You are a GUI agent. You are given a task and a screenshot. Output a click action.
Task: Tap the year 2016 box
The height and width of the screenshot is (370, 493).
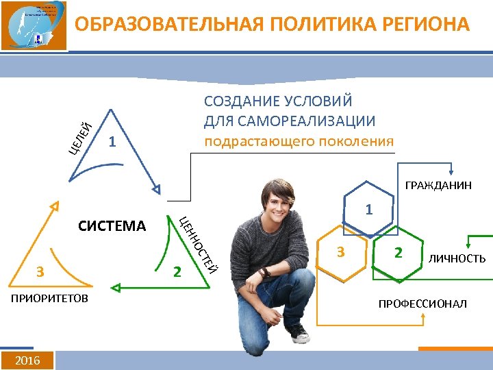coord(27,360)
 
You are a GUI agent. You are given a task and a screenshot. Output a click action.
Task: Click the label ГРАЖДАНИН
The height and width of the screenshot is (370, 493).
coord(438,185)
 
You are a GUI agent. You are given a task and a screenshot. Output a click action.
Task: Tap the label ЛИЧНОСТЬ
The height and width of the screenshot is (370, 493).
coord(457,258)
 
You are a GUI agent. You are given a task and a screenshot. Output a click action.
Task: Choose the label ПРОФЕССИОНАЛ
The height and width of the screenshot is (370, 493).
coord(422,303)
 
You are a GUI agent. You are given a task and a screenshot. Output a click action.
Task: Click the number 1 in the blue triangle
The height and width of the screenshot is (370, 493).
coord(112,143)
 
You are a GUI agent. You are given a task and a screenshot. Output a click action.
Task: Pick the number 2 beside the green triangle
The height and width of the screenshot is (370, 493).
coord(177,271)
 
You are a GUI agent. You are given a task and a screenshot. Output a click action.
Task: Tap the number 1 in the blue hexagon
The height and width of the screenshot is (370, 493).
coord(368,209)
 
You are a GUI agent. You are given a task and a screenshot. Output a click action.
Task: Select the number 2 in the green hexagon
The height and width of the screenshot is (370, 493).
coord(398,253)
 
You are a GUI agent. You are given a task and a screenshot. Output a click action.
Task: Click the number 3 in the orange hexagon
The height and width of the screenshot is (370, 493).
coord(340,253)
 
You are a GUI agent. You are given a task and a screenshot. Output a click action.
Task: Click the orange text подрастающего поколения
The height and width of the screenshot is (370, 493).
coord(299,141)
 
